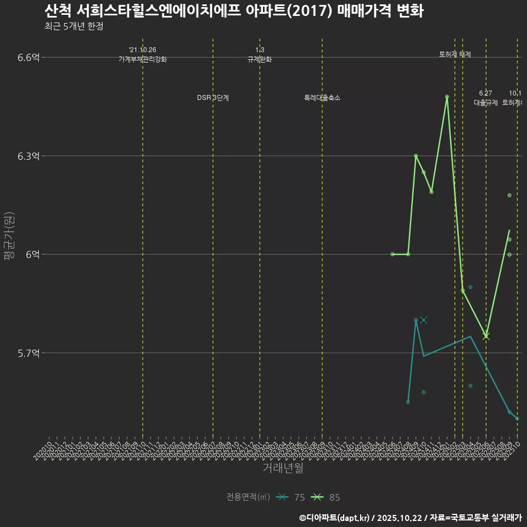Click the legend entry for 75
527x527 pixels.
click(291, 497)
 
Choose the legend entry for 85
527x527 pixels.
click(326, 497)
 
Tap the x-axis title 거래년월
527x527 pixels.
click(283, 468)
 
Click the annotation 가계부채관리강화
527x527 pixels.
click(142, 59)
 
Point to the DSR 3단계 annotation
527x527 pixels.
click(213, 98)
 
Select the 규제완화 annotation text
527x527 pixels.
click(259, 59)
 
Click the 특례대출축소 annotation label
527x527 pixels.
click(322, 98)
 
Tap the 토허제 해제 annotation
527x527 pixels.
click(455, 54)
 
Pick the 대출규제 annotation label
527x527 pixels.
click(485, 103)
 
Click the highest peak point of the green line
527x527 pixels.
click(447, 97)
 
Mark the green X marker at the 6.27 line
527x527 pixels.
click(486, 336)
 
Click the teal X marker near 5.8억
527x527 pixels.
click(423, 320)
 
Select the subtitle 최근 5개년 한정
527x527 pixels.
click(74, 26)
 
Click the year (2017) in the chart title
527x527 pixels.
click(307, 12)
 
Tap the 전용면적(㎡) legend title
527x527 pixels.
click(248, 497)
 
